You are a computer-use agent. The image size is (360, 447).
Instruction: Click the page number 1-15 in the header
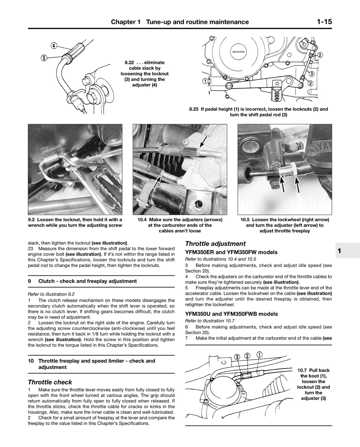(324, 22)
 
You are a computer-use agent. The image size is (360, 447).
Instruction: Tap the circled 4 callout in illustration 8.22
(54, 46)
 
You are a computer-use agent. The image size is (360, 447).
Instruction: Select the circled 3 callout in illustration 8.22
(44, 58)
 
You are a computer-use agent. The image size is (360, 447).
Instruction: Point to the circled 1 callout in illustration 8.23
(205, 81)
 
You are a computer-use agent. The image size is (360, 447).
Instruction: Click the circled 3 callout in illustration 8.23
(312, 74)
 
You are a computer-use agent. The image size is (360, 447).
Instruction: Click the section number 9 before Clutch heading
(29, 281)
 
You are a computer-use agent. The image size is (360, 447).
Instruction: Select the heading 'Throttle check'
(50, 382)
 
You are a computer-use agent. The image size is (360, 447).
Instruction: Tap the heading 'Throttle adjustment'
(215, 244)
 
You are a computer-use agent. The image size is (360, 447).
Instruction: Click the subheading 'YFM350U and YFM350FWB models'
(232, 314)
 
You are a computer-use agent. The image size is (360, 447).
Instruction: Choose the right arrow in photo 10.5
(297, 184)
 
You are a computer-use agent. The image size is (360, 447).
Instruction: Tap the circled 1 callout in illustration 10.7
(259, 354)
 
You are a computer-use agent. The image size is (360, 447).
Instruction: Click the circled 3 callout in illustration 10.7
(237, 357)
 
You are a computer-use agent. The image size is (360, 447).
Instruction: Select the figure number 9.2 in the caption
(31, 220)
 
